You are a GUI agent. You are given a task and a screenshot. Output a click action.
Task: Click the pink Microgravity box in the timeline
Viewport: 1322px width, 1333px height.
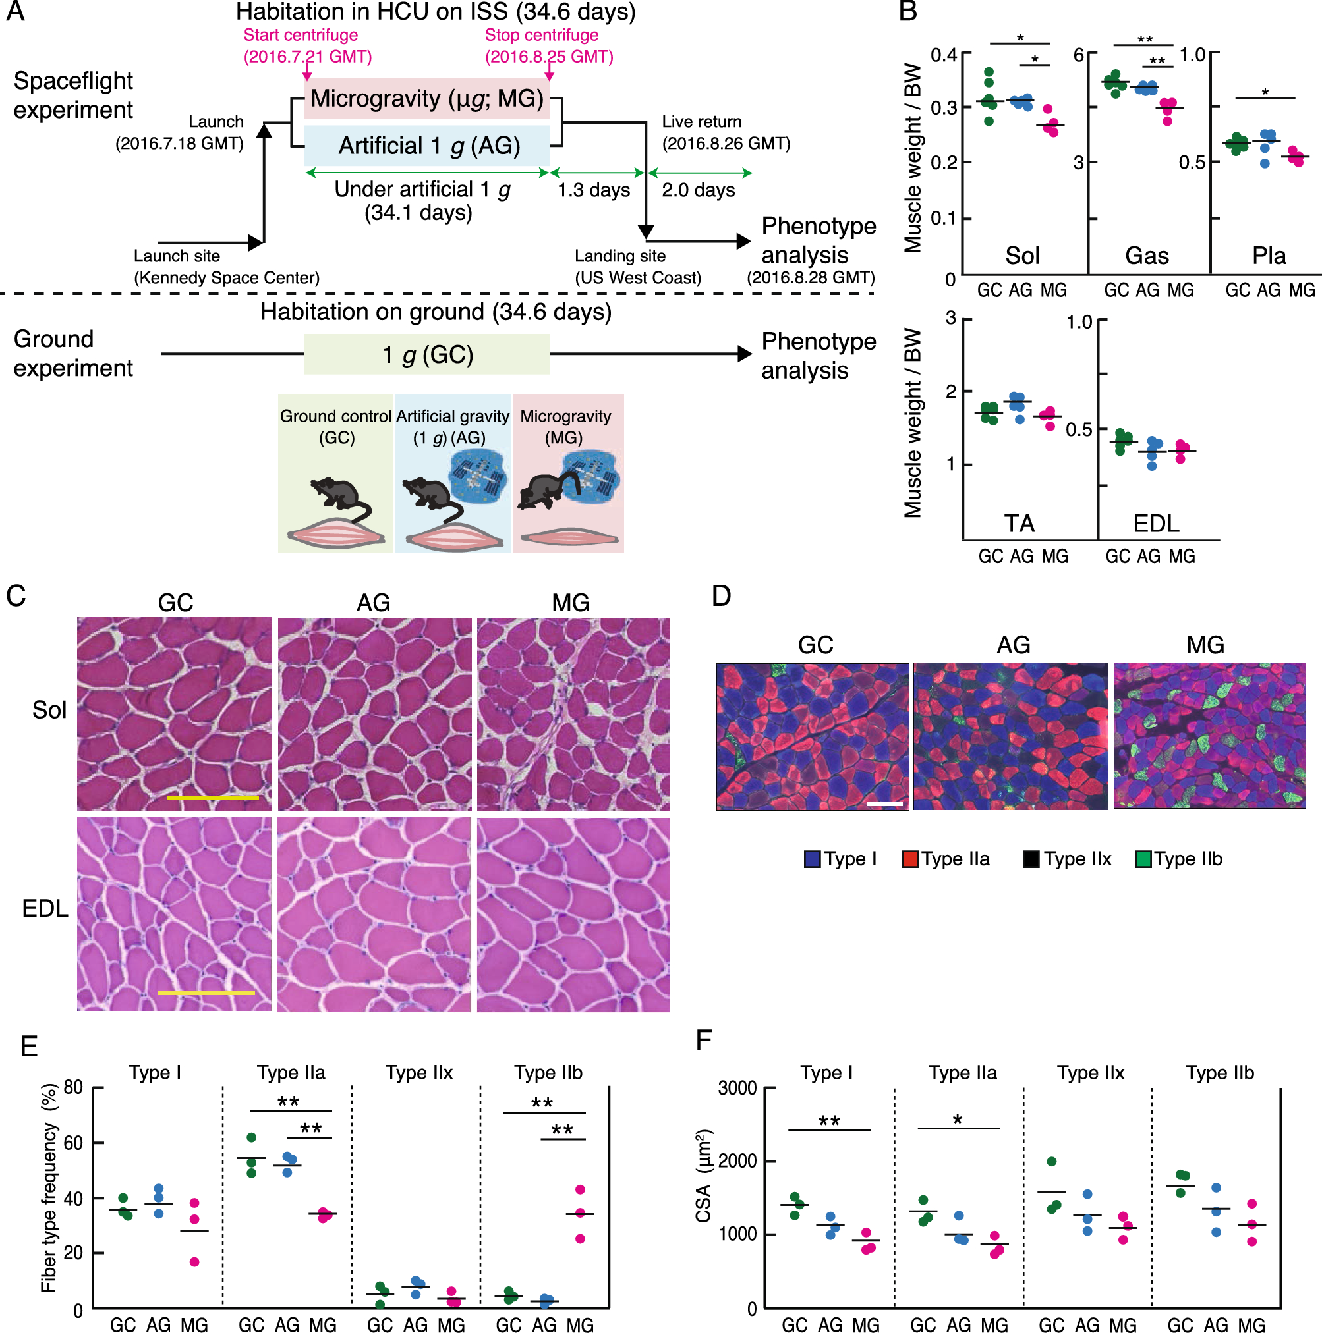click(426, 99)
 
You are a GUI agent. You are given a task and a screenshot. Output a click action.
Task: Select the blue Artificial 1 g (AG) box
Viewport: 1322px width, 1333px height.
click(426, 146)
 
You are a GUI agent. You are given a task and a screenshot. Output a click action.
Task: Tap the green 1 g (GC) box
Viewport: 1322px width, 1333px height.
click(426, 354)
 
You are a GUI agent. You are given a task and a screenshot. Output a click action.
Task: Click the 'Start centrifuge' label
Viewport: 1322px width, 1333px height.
click(301, 35)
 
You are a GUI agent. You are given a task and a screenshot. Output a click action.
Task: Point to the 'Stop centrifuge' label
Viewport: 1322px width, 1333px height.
click(542, 35)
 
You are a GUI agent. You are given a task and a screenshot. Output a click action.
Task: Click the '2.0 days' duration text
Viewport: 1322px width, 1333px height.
click(698, 190)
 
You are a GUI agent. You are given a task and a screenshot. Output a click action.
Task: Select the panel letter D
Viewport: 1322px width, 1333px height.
click(722, 596)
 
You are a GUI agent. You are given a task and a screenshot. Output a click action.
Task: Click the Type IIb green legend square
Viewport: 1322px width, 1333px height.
click(1143, 859)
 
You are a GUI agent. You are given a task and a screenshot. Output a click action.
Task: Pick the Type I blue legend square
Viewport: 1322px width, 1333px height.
click(812, 859)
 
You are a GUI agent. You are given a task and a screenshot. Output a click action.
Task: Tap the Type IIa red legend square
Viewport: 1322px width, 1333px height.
click(910, 859)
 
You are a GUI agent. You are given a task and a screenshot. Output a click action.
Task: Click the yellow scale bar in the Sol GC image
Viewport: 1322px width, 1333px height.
click(213, 798)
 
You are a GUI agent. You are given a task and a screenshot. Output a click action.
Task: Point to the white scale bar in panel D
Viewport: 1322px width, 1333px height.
click(884, 805)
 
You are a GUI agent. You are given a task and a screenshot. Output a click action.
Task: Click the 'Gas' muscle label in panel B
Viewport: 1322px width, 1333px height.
click(1147, 256)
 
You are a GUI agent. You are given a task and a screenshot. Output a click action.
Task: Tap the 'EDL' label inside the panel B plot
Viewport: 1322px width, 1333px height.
click(1157, 524)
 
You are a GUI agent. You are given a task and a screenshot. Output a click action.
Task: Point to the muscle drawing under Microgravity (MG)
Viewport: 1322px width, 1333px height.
click(569, 537)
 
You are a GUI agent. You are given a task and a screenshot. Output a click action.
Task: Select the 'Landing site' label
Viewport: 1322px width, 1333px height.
click(620, 256)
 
